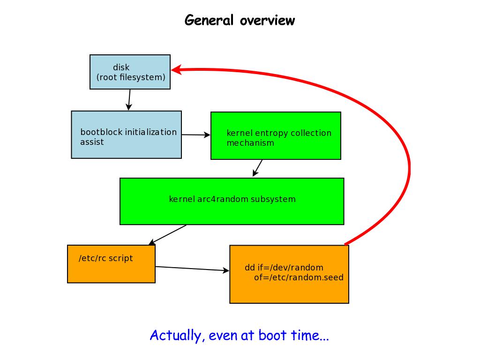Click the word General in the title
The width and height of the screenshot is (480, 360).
(209, 21)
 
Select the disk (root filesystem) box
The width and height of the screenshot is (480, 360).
(130, 72)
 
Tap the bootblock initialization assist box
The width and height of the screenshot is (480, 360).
(126, 135)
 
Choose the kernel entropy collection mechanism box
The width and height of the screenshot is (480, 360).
(276, 135)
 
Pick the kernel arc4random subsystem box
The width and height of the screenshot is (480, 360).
(232, 201)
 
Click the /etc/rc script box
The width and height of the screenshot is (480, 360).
(111, 264)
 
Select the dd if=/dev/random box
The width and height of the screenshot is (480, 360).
(289, 274)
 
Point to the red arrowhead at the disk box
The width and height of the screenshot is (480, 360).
(176, 70)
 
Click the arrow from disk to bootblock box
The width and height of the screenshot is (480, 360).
(129, 100)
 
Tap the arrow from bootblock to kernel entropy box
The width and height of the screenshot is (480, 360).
(196, 135)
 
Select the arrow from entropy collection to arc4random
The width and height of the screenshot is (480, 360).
(257, 168)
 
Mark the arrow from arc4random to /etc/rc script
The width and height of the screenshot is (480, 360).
(167, 235)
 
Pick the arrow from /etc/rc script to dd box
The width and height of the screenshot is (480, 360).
(192, 269)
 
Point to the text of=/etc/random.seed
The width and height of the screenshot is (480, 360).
(299, 277)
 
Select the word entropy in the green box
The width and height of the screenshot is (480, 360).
(273, 133)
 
